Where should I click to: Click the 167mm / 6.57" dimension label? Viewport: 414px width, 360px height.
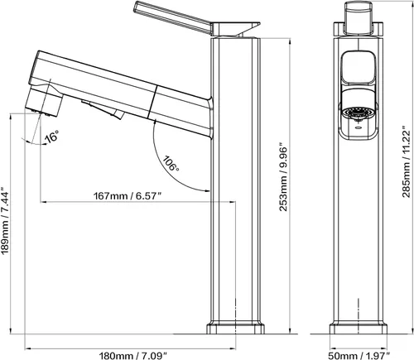click(128, 196)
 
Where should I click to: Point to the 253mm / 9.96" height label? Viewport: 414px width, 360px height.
click(283, 177)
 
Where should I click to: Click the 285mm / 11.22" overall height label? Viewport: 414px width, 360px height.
click(407, 161)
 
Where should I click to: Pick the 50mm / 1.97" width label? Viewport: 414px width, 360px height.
click(359, 356)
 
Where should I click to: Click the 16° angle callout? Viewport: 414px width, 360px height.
click(52, 137)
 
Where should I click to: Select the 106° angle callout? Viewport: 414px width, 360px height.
click(171, 163)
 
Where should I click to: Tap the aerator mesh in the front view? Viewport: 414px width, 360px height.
click(358, 113)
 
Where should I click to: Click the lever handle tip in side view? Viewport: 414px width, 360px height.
click(137, 6)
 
